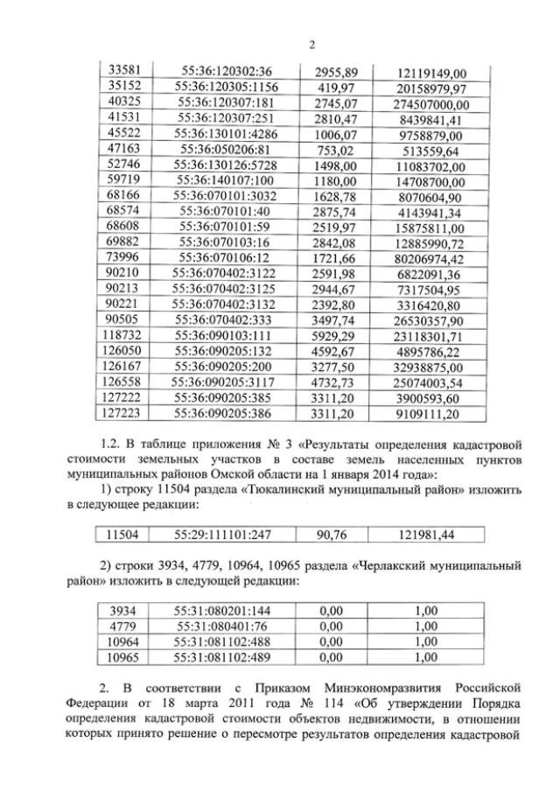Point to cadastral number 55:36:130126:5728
(226, 165)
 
